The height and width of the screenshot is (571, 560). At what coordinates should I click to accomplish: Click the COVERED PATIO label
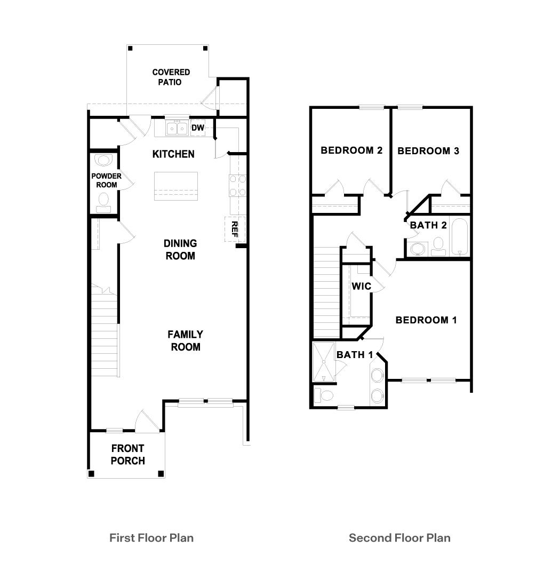[x=171, y=77]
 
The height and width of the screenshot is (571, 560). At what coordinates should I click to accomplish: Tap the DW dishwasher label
[x=198, y=128]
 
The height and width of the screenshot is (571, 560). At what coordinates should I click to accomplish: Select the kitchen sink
[x=177, y=129]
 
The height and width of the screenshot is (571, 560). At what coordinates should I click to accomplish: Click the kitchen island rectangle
[x=176, y=186]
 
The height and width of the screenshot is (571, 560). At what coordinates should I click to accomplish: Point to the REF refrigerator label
[x=235, y=229]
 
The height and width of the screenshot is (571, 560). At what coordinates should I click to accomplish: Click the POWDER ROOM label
[x=106, y=180]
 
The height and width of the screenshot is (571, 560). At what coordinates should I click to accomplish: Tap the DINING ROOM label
[x=180, y=249]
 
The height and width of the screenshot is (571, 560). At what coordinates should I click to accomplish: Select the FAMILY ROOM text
[x=185, y=340]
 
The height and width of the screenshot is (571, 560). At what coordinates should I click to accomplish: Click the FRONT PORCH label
[x=127, y=454]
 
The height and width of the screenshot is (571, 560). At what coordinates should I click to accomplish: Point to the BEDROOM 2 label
[x=351, y=150]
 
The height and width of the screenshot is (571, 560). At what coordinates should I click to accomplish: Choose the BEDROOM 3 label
[x=428, y=151]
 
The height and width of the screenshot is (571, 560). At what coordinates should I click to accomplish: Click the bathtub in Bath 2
[x=459, y=236]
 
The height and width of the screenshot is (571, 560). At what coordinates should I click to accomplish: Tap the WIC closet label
[x=361, y=287]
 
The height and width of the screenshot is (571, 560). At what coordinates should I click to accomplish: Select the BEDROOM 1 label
[x=426, y=320]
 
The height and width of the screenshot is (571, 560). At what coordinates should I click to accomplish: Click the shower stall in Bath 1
[x=324, y=362]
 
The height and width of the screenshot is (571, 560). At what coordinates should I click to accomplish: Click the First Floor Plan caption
[x=151, y=537]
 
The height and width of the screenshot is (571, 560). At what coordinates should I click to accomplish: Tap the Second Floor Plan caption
[x=399, y=537]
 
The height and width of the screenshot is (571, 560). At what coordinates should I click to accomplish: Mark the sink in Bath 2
[x=417, y=248]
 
